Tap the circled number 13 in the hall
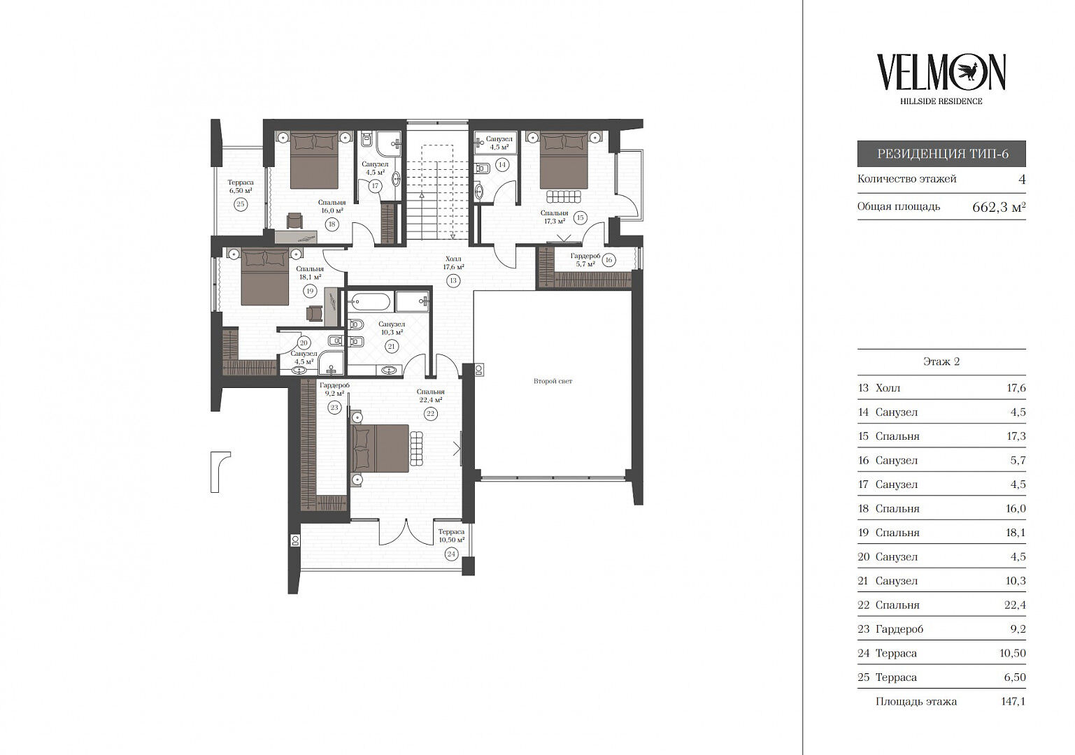(453, 280)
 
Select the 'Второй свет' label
(553, 381)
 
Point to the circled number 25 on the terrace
(241, 204)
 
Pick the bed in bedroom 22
(380, 449)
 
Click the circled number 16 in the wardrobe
(609, 260)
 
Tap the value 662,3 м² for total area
(999, 207)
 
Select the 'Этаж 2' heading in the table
(941, 361)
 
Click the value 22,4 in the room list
(1015, 605)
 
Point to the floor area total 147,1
(1013, 701)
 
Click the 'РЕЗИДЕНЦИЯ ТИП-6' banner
(941, 154)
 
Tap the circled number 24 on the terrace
(451, 554)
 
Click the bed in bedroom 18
(314, 161)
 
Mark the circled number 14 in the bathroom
(502, 164)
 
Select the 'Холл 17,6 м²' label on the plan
(453, 263)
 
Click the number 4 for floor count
(1023, 179)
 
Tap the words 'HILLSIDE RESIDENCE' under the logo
(941, 101)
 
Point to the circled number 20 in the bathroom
(304, 343)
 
